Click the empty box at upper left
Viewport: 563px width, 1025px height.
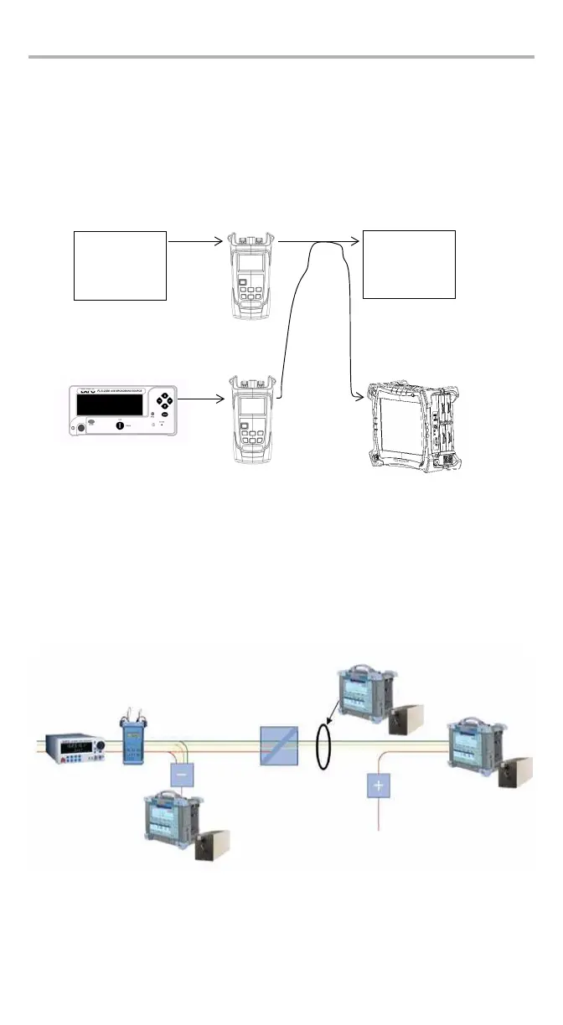(x=121, y=265)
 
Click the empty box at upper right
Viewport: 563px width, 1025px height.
(x=409, y=264)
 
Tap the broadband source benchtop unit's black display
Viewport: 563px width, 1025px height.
(x=109, y=404)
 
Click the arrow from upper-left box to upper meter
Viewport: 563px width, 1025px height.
(x=198, y=241)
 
